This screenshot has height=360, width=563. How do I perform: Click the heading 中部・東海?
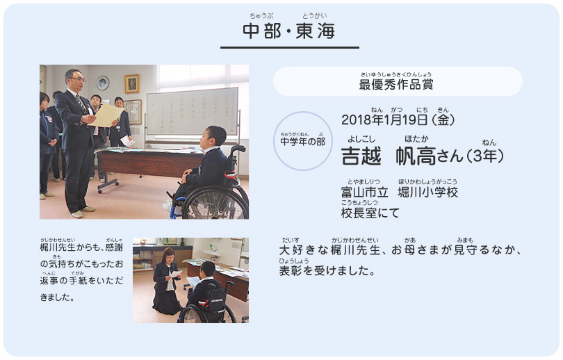[x=289, y=31]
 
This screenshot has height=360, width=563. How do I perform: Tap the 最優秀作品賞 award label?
[x=396, y=85]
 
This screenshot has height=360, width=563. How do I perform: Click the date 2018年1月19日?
[x=384, y=120]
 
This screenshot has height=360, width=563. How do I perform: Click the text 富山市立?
[x=364, y=193]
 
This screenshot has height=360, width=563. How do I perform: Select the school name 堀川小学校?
[x=427, y=193]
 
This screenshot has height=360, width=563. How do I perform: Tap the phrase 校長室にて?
[x=370, y=213]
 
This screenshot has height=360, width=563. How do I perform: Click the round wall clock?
[x=103, y=83]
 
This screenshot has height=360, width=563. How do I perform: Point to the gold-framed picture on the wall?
[x=132, y=83]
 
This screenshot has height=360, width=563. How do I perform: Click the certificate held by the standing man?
[x=106, y=115]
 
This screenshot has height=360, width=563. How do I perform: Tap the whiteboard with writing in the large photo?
[x=192, y=112]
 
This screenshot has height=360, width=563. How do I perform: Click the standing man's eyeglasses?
[x=79, y=79]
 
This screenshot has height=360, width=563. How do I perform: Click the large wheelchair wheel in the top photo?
[x=215, y=202]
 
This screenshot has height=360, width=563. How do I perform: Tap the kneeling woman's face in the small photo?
[x=170, y=259]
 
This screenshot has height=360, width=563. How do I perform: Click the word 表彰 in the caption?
[x=291, y=270]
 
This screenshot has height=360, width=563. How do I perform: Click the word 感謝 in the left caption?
[x=114, y=247]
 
